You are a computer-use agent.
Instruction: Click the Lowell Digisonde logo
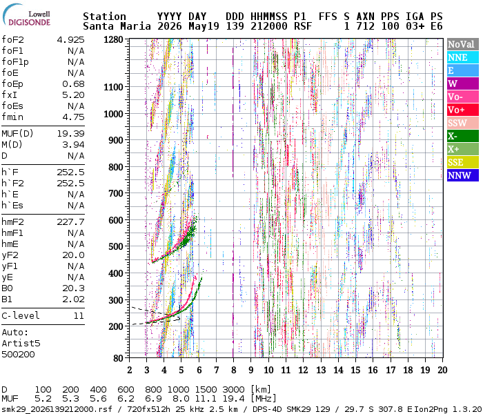coord(26,15)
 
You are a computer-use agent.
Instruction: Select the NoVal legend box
coord(463,44)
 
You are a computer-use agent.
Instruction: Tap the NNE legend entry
coord(463,57)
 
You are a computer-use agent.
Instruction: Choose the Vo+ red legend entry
coord(463,110)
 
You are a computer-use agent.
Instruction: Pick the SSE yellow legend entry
coord(463,162)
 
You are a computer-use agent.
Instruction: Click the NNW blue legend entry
coord(463,175)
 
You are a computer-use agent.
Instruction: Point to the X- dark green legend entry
coord(463,136)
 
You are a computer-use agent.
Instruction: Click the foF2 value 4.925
coord(70,40)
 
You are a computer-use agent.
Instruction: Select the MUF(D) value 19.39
coord(70,134)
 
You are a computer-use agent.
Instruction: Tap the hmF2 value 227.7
coord(70,222)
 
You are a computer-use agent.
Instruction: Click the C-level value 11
coord(79,316)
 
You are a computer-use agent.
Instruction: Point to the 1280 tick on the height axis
coord(113,39)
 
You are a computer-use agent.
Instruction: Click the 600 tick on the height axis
coord(116,220)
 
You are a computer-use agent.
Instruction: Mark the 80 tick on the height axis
coord(118,358)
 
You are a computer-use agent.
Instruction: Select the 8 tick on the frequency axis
coord(234,370)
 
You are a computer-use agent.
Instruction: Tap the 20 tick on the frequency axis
coord(442,370)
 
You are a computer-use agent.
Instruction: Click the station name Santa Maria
coord(117,26)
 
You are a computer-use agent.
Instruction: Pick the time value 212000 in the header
coord(269,26)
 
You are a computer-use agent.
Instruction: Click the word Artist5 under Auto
coord(21,344)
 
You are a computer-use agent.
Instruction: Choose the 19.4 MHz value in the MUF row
coord(233,399)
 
